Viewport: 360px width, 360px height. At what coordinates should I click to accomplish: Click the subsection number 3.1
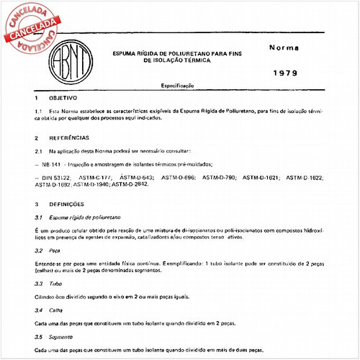point(39,216)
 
